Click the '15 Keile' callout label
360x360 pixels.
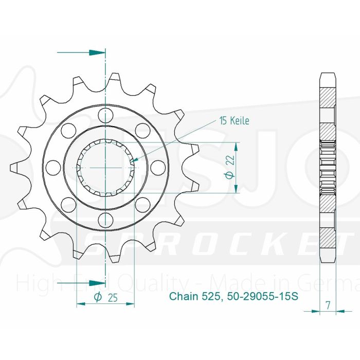coord(234,121)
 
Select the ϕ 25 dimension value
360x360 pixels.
coord(104,297)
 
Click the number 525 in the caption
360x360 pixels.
coord(211,297)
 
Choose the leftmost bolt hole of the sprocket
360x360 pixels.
coord(52,167)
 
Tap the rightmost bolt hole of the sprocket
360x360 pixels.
coord(158,167)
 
